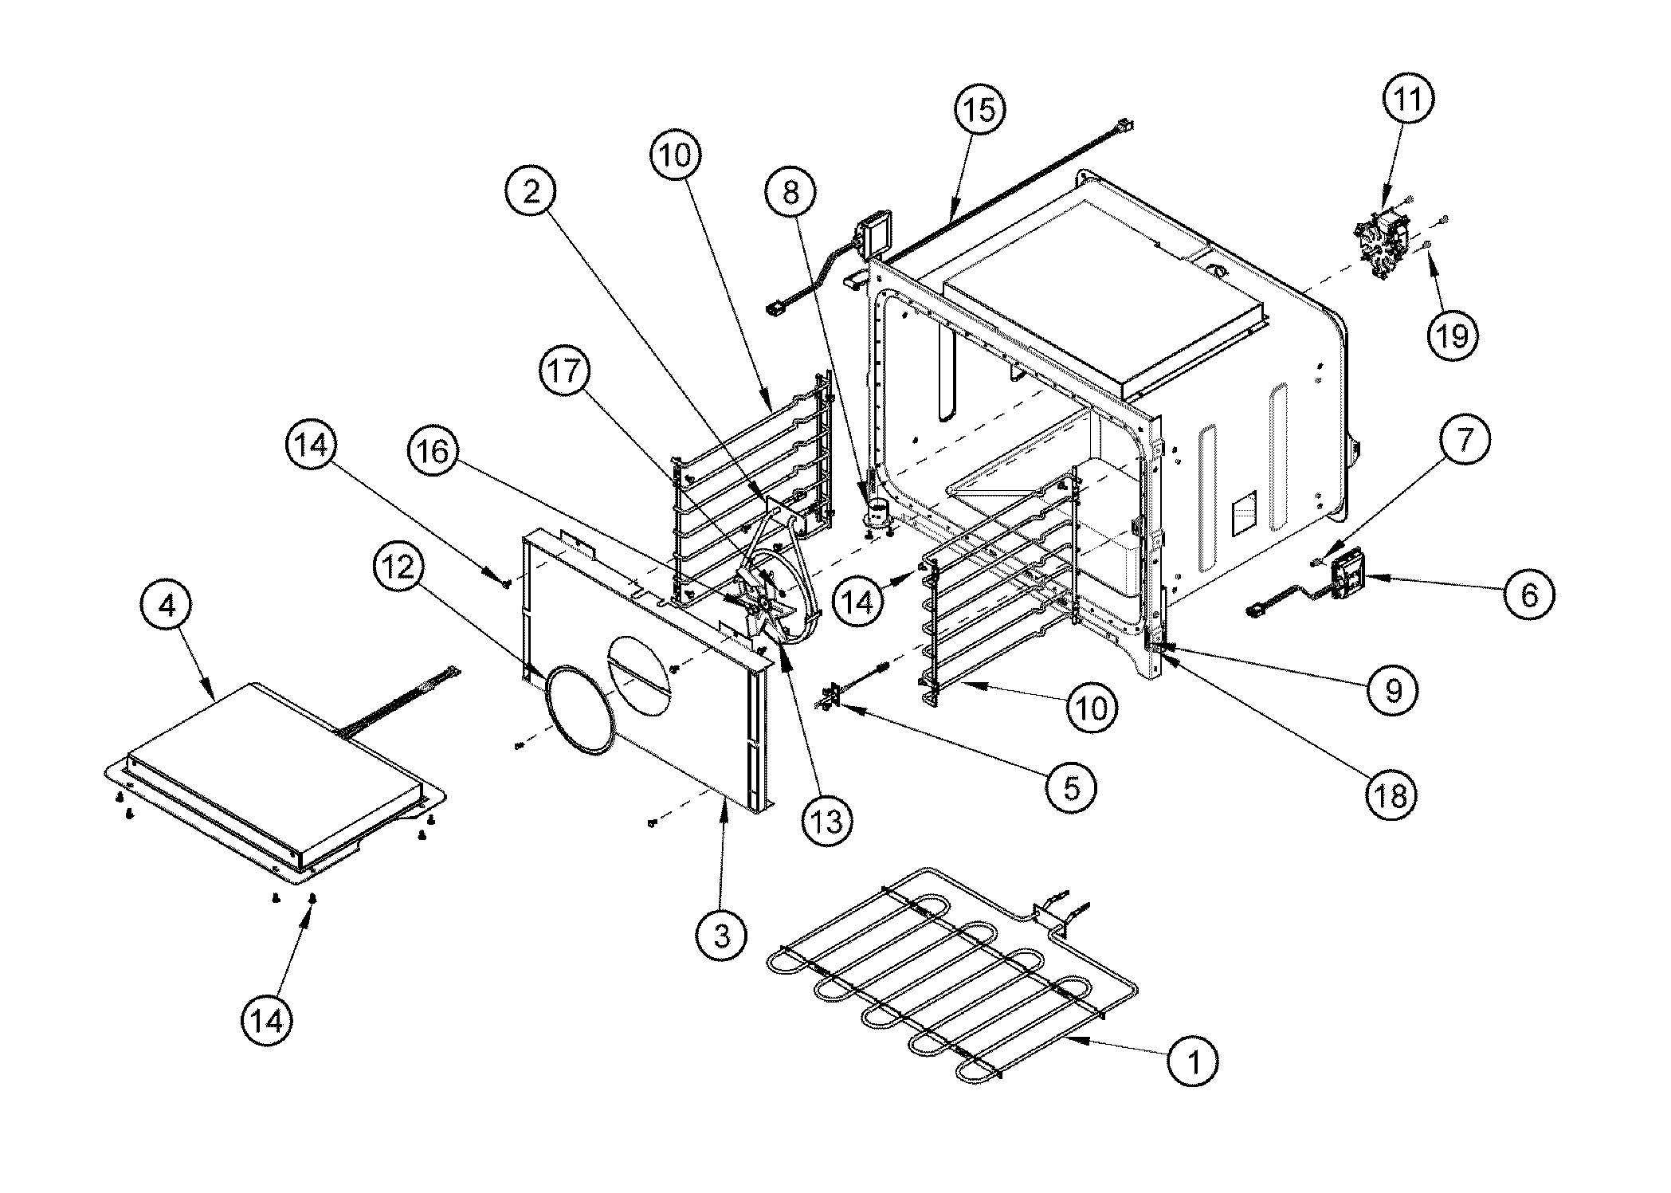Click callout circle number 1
click(1193, 1061)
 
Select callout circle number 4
click(167, 606)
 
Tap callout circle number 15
click(979, 109)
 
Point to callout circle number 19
click(1452, 336)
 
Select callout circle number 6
click(1528, 594)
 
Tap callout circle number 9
click(1393, 690)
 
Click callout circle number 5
click(1071, 787)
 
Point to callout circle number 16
click(435, 452)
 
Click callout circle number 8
click(791, 192)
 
